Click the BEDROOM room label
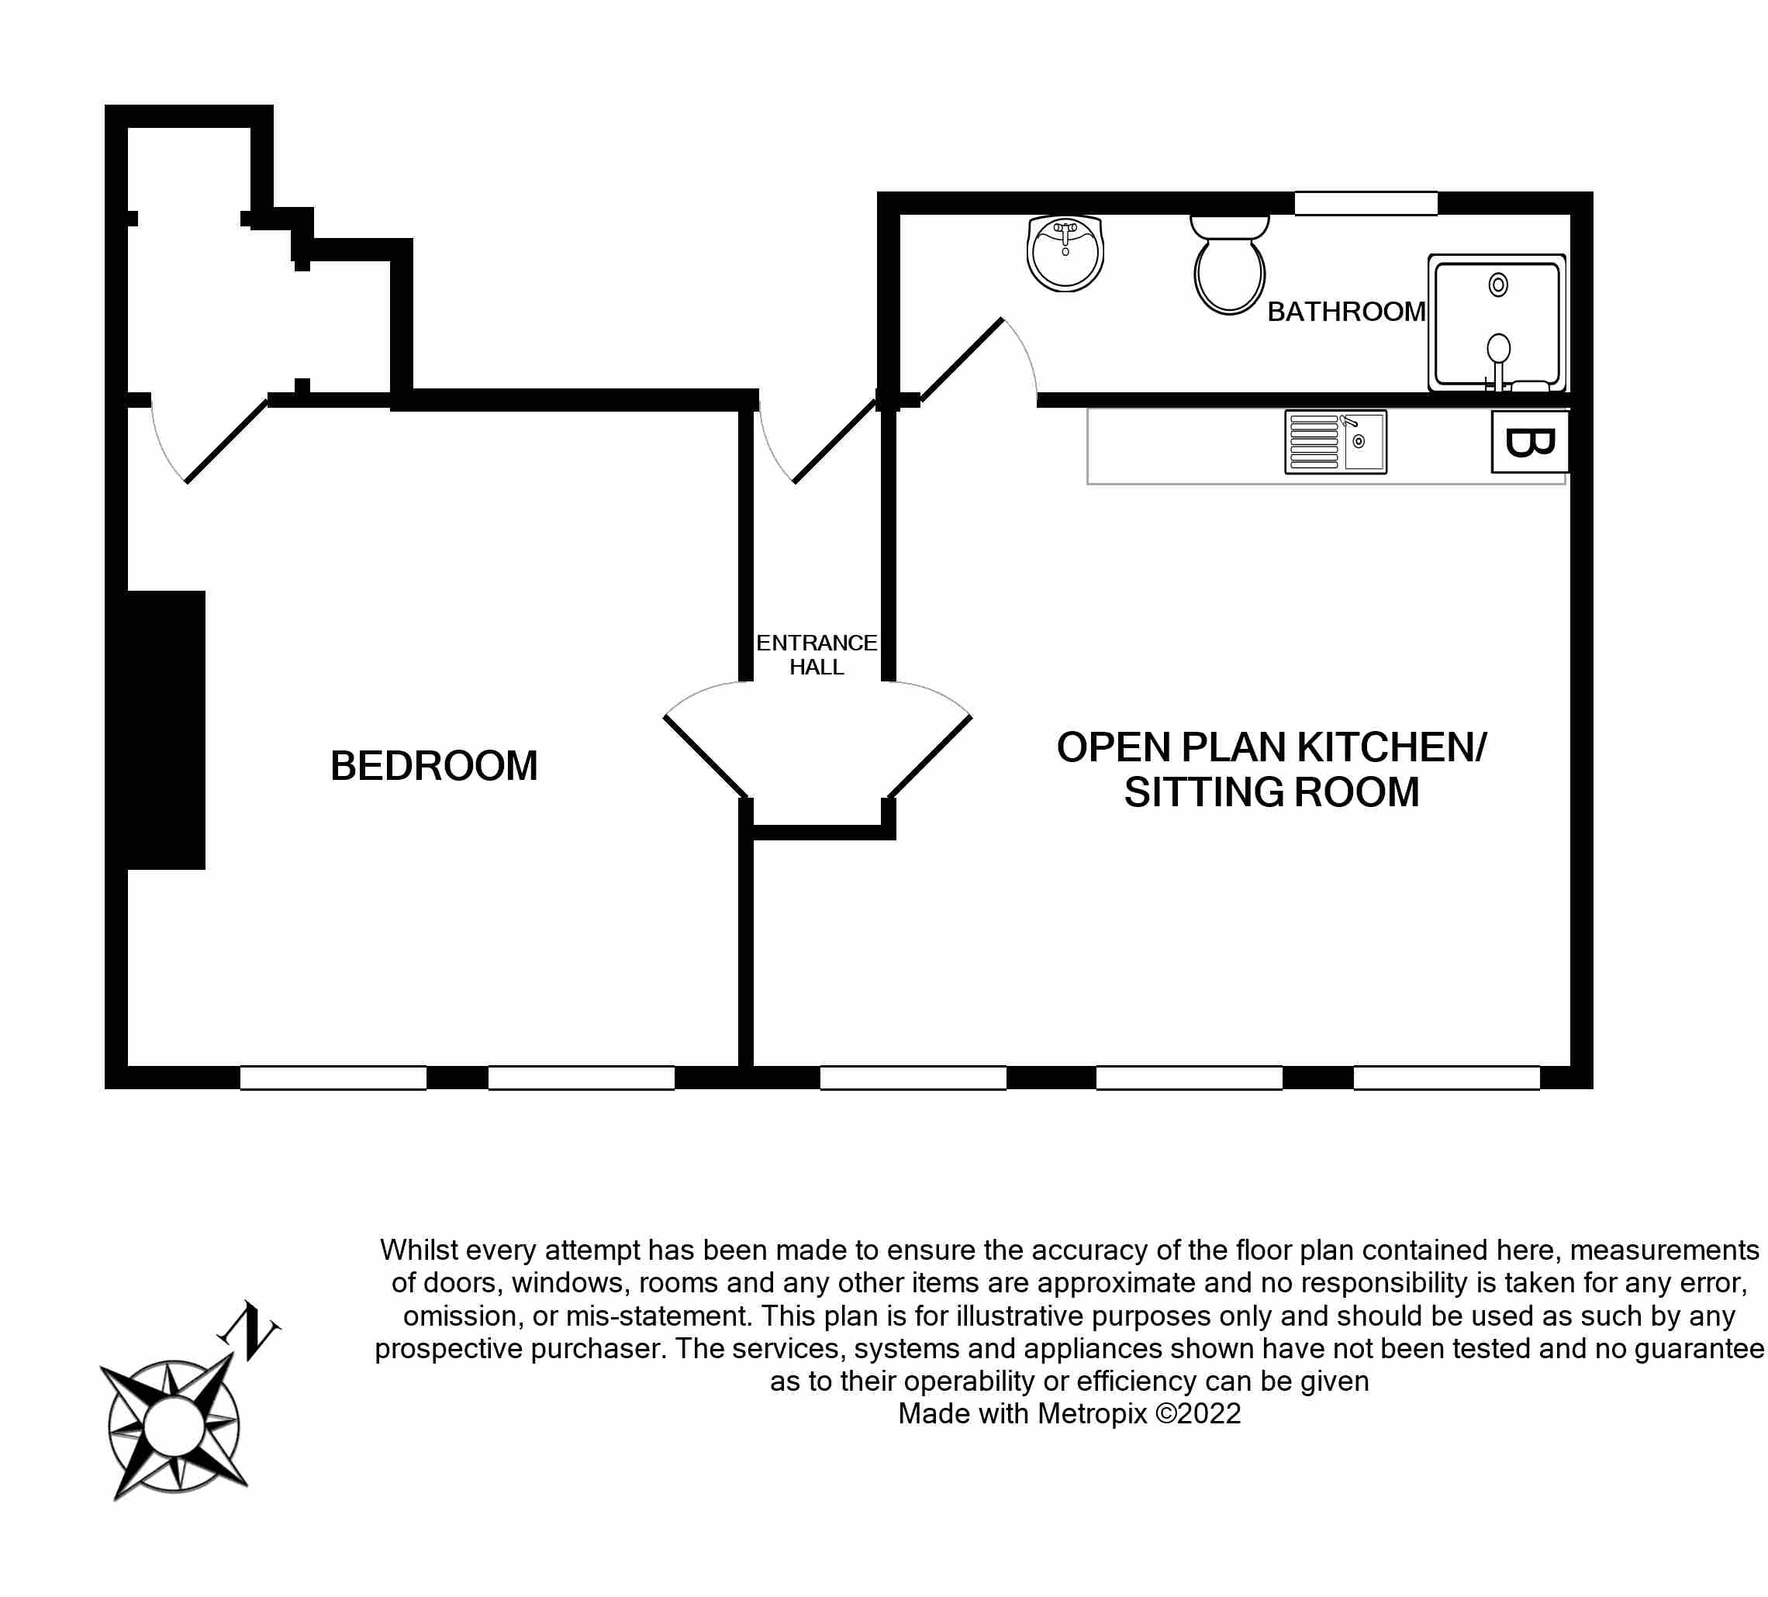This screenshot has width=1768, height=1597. click(x=433, y=766)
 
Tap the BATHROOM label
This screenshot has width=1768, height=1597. click(x=1346, y=312)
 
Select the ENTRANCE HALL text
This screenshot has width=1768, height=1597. click(x=816, y=654)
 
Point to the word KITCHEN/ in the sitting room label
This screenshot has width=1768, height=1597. click(x=1391, y=747)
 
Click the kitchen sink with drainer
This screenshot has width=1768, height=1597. click(x=1335, y=442)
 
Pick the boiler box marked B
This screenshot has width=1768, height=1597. click(x=1529, y=442)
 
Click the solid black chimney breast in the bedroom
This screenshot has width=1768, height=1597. click(x=166, y=730)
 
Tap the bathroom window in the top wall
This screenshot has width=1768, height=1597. click(x=1366, y=203)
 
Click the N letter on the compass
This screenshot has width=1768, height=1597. click(x=250, y=1330)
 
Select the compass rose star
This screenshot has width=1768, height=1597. click(x=174, y=1426)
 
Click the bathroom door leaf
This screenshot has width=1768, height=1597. click(x=962, y=360)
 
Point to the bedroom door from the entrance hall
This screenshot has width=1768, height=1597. click(x=705, y=756)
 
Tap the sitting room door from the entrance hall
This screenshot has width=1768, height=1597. click(x=931, y=756)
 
